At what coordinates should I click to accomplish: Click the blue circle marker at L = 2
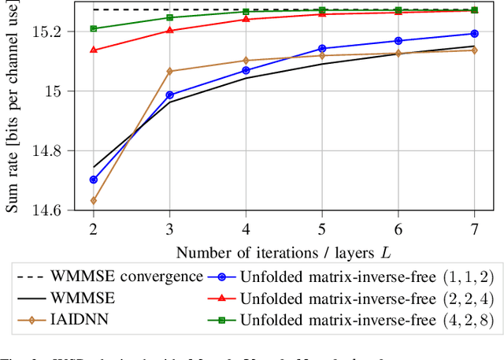coord(94,180)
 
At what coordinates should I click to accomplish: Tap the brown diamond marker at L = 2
coord(94,200)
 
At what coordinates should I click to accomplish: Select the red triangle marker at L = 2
coord(94,50)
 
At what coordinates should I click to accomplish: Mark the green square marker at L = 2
coord(94,28)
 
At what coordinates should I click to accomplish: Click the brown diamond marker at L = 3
coord(169,71)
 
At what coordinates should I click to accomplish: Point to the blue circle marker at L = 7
coord(474,34)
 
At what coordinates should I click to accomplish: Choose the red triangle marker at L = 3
coord(169,30)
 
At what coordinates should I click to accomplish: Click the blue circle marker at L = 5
coord(322,48)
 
